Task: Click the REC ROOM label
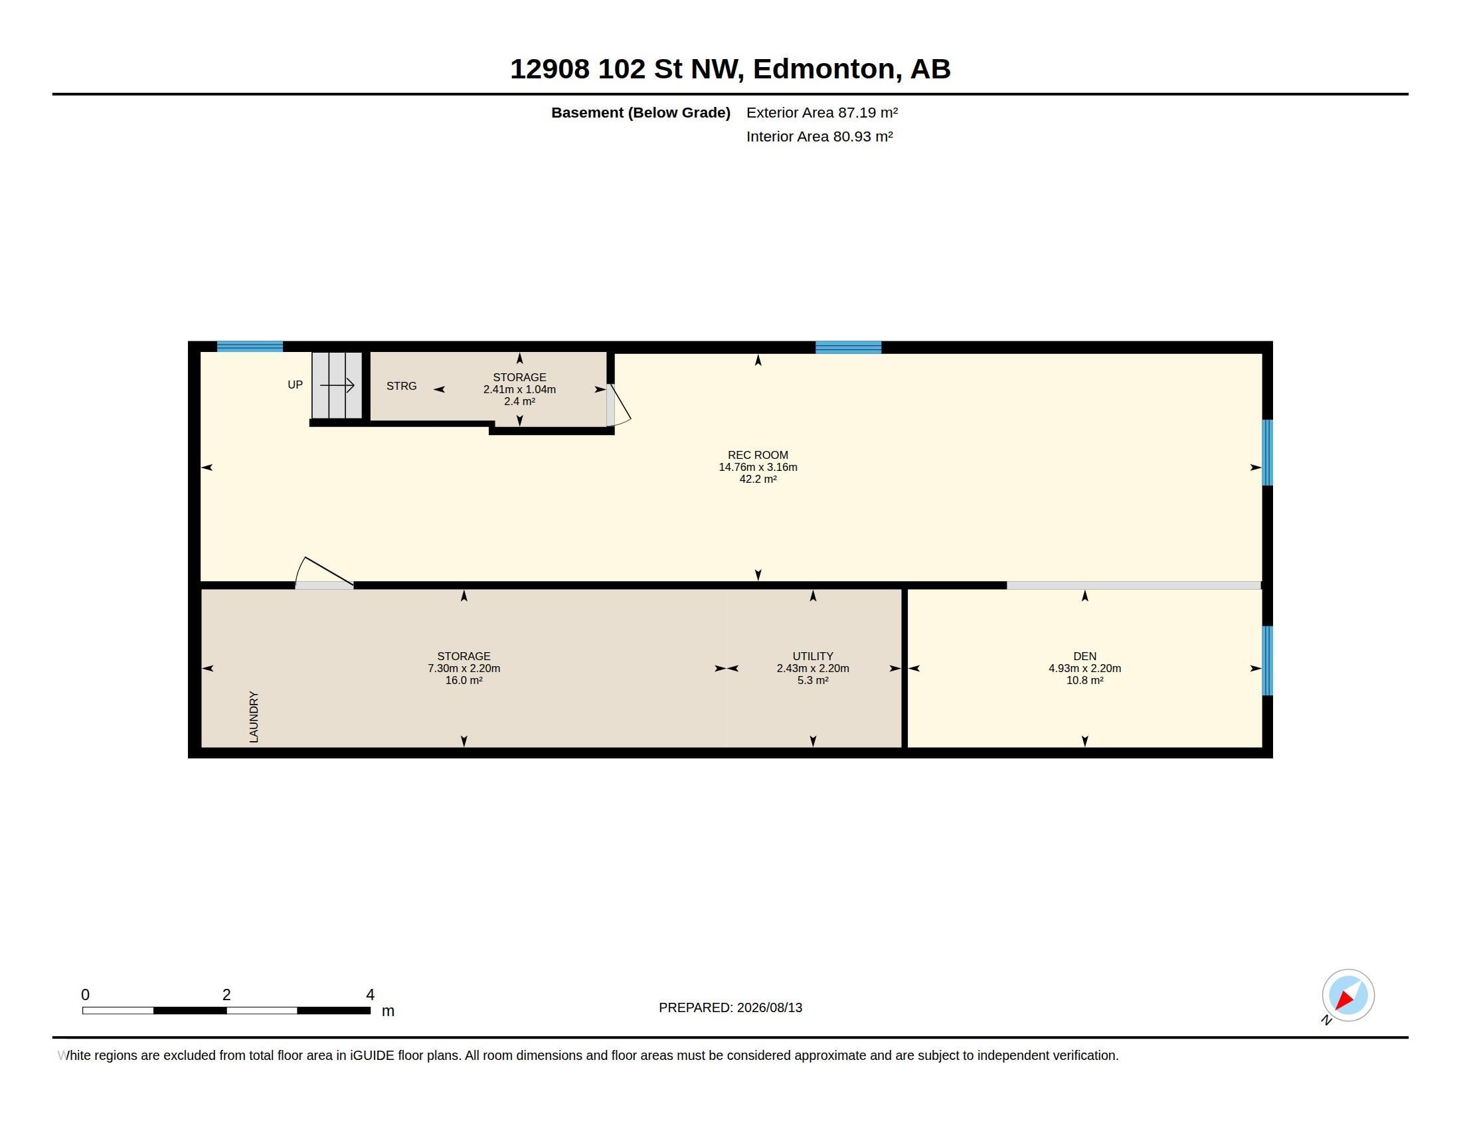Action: coord(758,455)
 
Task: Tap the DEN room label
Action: coord(1084,656)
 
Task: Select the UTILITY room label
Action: coord(813,656)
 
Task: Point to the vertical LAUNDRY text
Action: coord(254,717)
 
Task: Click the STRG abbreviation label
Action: coord(401,386)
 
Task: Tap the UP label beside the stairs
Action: coord(295,385)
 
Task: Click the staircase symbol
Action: coord(337,385)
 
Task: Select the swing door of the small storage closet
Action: coord(618,405)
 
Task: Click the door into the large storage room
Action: coord(325,573)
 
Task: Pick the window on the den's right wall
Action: coord(1267,660)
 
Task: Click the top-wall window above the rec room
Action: coord(848,347)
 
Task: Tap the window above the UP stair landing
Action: coord(250,347)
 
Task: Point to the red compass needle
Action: coord(1343,1000)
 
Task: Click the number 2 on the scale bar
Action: coord(226,995)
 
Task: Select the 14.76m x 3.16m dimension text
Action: coord(758,467)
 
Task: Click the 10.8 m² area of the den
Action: coord(1084,680)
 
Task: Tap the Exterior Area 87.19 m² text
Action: coord(822,112)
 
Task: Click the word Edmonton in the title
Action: coord(824,69)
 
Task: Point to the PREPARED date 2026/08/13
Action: coord(768,1007)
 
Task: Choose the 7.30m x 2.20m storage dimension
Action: coord(464,668)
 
